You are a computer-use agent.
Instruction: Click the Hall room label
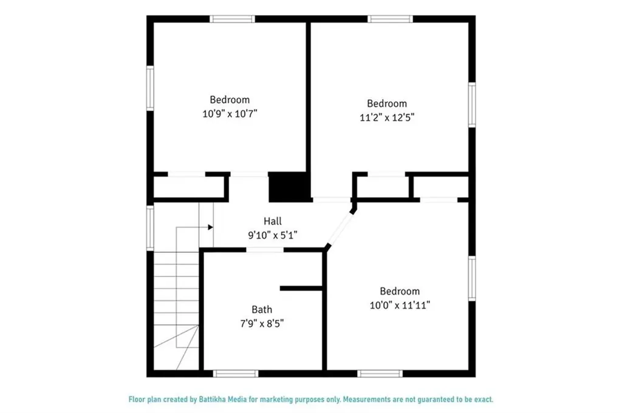click(272, 221)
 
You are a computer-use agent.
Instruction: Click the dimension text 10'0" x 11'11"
click(400, 306)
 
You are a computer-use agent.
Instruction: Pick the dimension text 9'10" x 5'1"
click(272, 234)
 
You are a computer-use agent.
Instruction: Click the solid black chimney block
click(289, 187)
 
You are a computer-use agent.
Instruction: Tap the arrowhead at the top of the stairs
click(210, 227)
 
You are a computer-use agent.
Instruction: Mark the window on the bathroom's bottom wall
click(236, 373)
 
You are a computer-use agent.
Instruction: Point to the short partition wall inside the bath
click(301, 287)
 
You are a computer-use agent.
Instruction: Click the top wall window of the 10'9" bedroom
click(232, 19)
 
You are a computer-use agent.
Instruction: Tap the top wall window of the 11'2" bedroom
click(391, 19)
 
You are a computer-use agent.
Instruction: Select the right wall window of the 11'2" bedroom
click(471, 105)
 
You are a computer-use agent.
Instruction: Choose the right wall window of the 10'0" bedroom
click(471, 278)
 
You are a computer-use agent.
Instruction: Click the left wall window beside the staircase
click(150, 227)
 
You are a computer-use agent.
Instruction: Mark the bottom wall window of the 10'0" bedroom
click(380, 373)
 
